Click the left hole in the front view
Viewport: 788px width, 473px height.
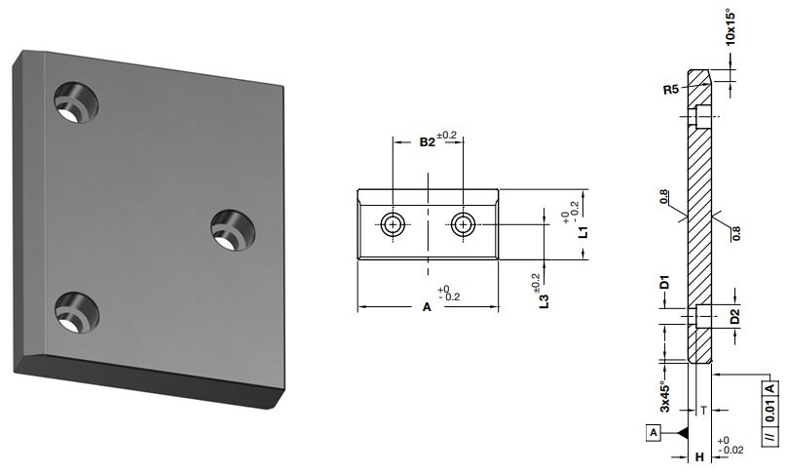(x=393, y=223)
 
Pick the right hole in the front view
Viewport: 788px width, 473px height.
(x=462, y=223)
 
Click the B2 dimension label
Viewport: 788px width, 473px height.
(x=427, y=142)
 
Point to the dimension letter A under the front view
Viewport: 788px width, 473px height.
(x=426, y=307)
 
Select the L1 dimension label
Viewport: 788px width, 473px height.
(x=582, y=232)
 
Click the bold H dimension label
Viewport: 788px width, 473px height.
(x=699, y=455)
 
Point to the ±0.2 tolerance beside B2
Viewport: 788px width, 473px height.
(x=448, y=136)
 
